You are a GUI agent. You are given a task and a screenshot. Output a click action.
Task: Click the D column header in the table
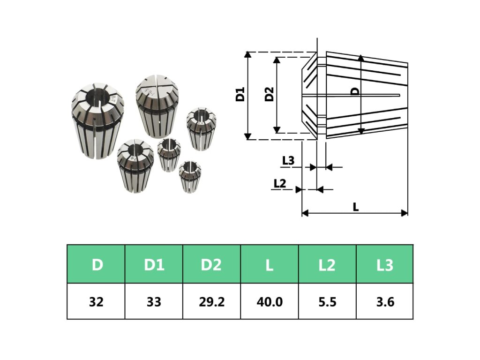(x=96, y=265)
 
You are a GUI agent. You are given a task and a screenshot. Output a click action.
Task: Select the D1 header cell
(x=154, y=265)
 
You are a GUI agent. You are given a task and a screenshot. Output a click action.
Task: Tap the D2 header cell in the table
(x=211, y=265)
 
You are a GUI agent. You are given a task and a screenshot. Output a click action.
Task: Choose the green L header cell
(x=269, y=265)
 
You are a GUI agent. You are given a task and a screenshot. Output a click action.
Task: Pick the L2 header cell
(x=327, y=265)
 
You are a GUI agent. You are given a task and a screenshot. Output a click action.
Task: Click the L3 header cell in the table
(x=385, y=265)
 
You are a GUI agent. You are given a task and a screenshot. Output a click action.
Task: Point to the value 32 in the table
(x=96, y=301)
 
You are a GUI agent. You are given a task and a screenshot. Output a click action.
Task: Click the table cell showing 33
(x=154, y=301)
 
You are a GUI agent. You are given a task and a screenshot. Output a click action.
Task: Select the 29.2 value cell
(x=211, y=301)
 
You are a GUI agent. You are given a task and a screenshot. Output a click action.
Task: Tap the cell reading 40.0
(x=269, y=301)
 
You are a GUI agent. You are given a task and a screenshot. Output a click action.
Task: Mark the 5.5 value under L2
(x=327, y=301)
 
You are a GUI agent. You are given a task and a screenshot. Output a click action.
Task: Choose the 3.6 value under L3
(x=385, y=301)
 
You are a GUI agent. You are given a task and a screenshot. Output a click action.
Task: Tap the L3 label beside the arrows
(x=288, y=160)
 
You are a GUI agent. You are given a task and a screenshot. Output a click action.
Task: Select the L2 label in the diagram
(x=279, y=183)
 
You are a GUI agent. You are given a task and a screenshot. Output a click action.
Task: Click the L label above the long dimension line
(x=356, y=206)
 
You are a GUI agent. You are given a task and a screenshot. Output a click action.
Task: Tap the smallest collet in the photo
(x=190, y=176)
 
